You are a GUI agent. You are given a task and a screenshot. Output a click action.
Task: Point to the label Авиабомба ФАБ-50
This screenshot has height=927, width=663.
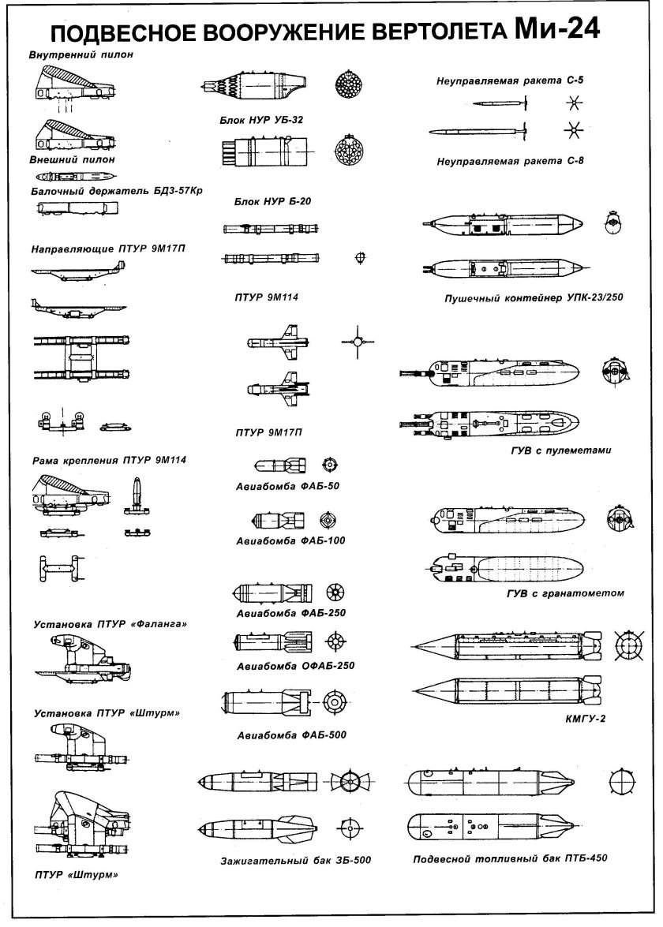click(x=287, y=485)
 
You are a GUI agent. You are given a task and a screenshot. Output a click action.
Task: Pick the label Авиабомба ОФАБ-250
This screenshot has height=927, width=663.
click(x=295, y=665)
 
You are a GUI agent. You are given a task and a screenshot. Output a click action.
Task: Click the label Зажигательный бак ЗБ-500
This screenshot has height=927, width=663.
click(x=295, y=859)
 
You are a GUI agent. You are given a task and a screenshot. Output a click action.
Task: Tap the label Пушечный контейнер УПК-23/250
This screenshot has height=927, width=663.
click(x=517, y=299)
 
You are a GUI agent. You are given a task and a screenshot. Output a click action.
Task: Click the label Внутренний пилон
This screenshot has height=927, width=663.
click(x=81, y=56)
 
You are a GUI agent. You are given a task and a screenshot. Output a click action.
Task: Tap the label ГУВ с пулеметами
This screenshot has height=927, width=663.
click(x=561, y=450)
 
